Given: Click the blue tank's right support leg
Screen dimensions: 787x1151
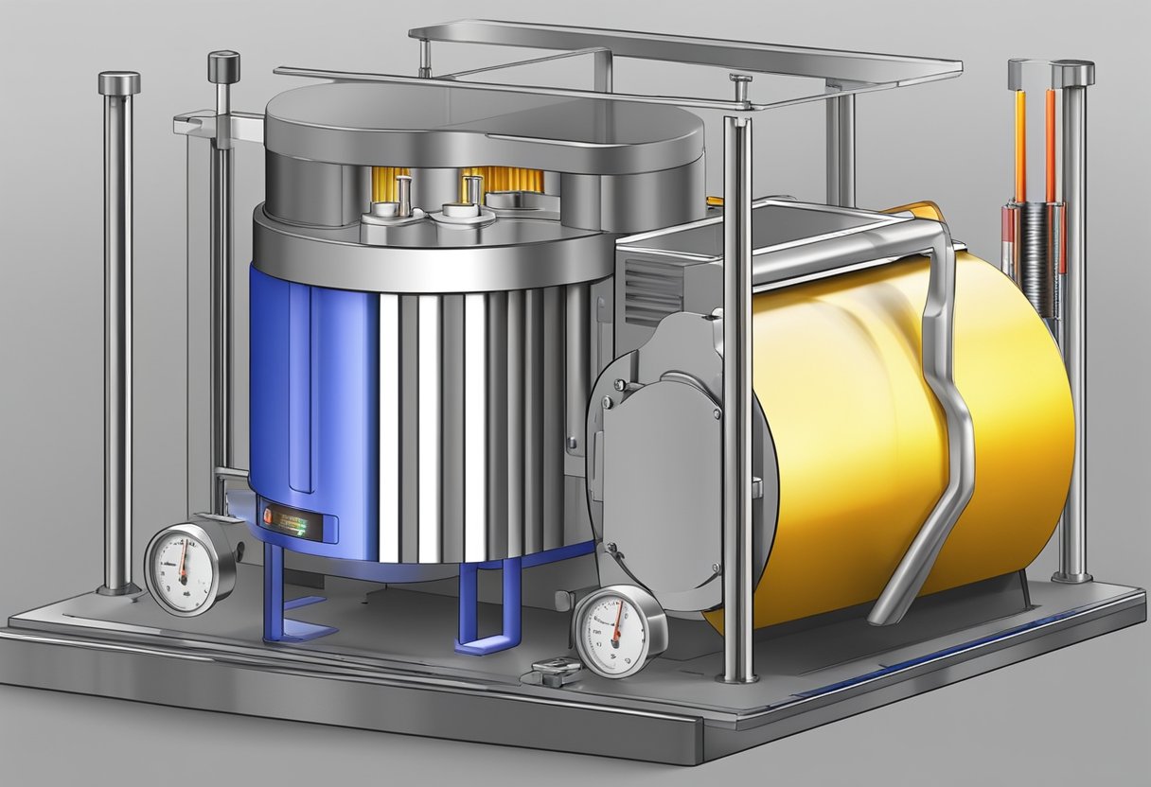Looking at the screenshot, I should click(x=493, y=605).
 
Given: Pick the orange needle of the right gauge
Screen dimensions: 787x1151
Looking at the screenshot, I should click(x=616, y=626).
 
